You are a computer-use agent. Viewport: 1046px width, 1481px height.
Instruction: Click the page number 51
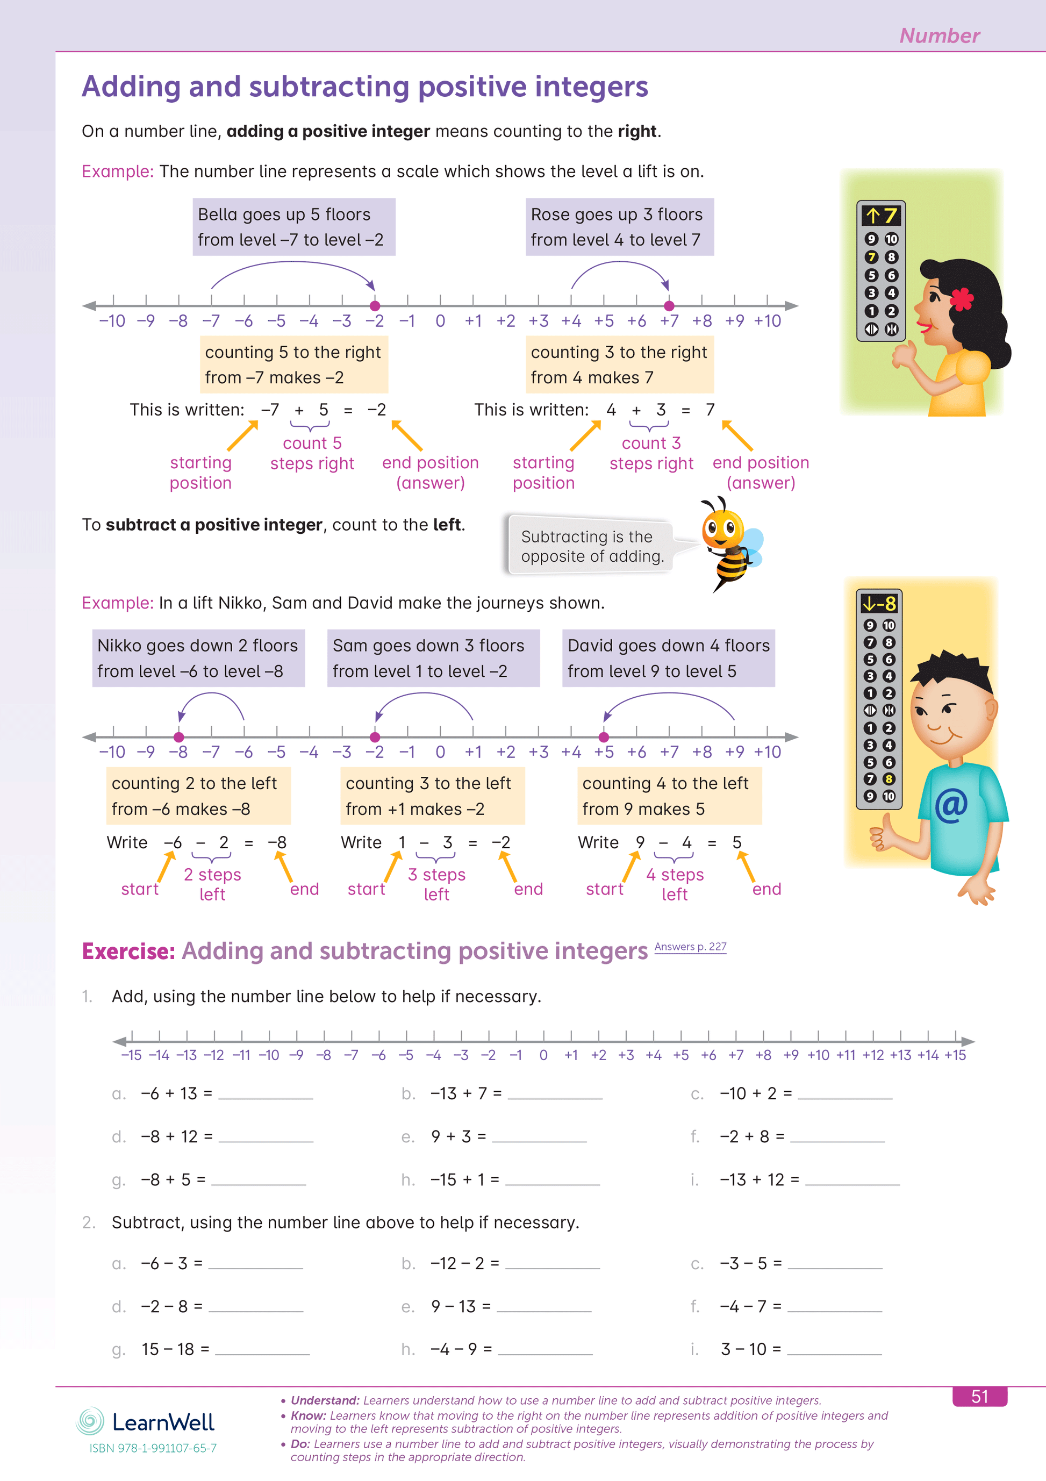point(979,1397)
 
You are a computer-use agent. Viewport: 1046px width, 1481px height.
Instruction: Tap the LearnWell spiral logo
point(90,1421)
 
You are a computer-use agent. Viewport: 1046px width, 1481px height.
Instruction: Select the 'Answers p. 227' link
point(690,946)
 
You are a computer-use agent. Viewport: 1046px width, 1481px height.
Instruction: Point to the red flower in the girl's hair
point(962,299)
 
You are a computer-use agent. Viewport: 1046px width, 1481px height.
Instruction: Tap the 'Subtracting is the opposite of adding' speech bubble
point(591,546)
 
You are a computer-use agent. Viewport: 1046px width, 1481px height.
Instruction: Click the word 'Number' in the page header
point(939,35)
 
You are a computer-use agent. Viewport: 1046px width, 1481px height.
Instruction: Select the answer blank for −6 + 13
point(266,1095)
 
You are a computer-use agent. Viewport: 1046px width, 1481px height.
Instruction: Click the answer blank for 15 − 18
point(262,1351)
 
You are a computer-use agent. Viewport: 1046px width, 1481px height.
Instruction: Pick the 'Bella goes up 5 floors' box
point(293,226)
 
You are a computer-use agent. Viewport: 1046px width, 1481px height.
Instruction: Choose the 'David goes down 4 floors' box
point(668,658)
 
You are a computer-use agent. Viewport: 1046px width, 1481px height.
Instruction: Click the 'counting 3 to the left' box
point(432,795)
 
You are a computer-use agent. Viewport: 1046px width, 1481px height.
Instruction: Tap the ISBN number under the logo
point(153,1448)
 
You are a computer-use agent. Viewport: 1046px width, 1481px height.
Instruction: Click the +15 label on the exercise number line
point(955,1055)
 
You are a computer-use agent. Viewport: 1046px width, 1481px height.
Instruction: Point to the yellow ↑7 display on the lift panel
point(881,215)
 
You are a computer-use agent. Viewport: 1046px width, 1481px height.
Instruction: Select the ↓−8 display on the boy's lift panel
point(879,604)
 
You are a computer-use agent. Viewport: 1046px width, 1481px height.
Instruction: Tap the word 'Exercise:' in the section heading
point(128,951)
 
